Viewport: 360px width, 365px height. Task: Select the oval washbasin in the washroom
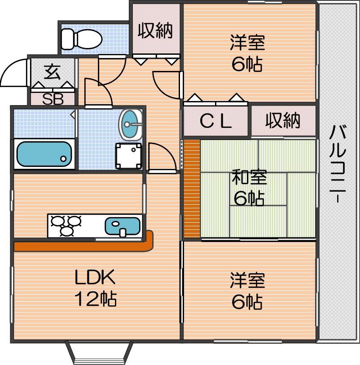131,123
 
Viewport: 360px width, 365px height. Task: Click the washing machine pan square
129,155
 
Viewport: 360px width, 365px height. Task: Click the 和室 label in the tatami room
250,178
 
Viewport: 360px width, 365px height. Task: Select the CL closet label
215,121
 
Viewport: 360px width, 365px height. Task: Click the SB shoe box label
53,99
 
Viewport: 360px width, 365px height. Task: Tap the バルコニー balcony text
338,164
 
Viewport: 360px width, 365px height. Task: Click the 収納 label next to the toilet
155,31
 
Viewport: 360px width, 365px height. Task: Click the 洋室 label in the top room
247,44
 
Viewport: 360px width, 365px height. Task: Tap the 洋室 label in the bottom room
247,281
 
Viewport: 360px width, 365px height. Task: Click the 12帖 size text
95,299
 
